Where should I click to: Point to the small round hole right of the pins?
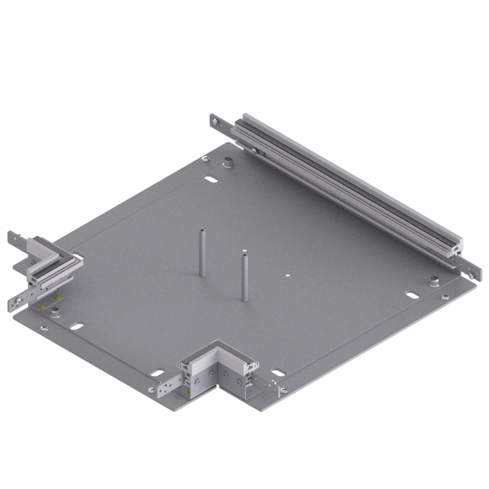285,276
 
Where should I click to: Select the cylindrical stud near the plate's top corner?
227,163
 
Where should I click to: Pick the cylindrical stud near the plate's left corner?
55,313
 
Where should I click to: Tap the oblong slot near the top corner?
210,180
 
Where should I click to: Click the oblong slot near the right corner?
413,295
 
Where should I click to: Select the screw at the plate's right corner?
446,298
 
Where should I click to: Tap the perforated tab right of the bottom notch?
271,384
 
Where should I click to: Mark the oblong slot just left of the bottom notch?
156,372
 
